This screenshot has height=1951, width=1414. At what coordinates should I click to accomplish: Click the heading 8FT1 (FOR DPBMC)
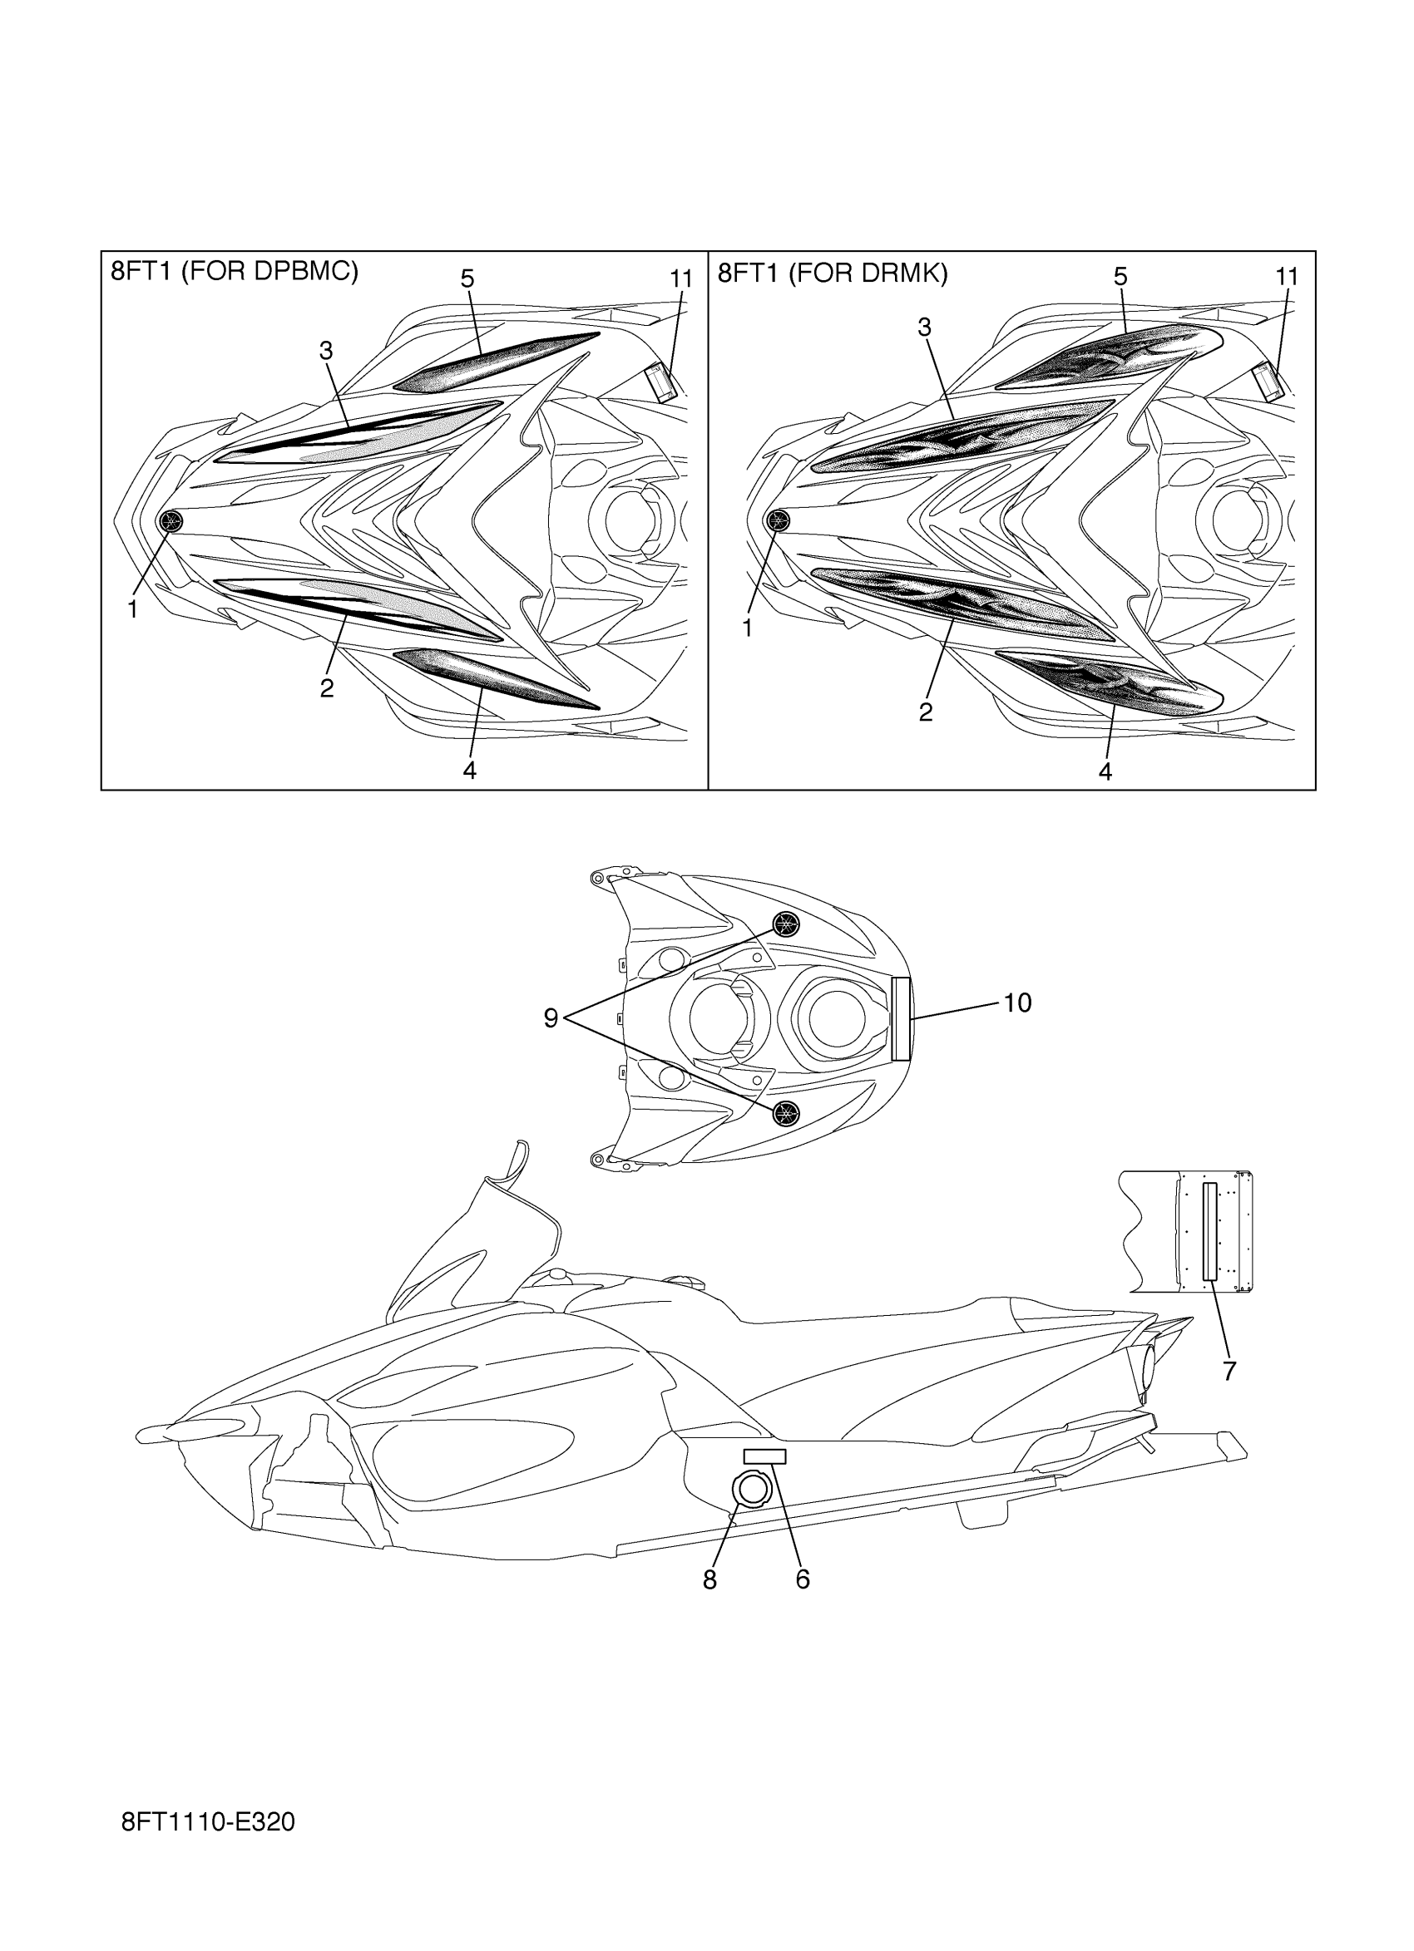pyautogui.click(x=234, y=272)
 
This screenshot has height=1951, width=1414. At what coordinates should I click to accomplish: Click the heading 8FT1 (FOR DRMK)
pyautogui.click(x=833, y=273)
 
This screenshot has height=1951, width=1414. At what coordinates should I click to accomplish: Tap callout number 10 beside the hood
pyautogui.click(x=1017, y=1003)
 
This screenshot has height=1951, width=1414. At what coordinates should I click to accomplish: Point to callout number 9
pyautogui.click(x=551, y=1018)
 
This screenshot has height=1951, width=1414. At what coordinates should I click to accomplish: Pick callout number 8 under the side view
pyautogui.click(x=709, y=1579)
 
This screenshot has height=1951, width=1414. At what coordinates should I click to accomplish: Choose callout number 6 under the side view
pyautogui.click(x=802, y=1579)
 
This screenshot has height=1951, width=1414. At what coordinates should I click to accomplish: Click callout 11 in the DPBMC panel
pyautogui.click(x=680, y=279)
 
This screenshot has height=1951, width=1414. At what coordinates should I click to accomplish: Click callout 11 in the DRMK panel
pyautogui.click(x=1286, y=277)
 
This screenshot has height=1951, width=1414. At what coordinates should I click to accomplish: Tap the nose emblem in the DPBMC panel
pyautogui.click(x=172, y=520)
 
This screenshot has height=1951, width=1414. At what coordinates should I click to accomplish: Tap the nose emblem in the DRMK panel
pyautogui.click(x=778, y=520)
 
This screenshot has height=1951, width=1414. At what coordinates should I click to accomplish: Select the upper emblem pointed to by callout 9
pyautogui.click(x=785, y=924)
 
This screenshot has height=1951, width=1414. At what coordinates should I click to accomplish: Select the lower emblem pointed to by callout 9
pyautogui.click(x=785, y=1112)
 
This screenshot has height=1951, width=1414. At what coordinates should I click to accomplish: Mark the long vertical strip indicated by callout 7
pyautogui.click(x=1210, y=1230)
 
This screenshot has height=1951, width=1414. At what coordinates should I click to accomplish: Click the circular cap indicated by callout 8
pyautogui.click(x=752, y=1489)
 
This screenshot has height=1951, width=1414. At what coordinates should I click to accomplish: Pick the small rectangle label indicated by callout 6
pyautogui.click(x=764, y=1456)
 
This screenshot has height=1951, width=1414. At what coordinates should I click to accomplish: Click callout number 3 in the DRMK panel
pyautogui.click(x=924, y=328)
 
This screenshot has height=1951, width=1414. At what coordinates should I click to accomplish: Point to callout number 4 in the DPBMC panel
pyautogui.click(x=469, y=770)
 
